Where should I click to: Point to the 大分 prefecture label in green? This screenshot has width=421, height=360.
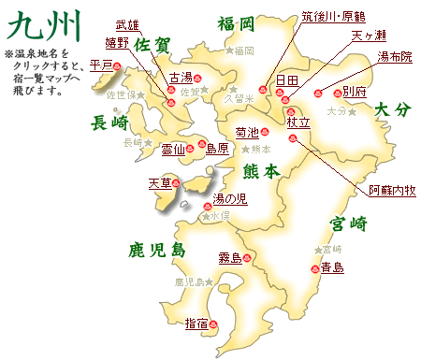pos(392,109)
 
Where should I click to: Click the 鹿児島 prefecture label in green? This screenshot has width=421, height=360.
pos(158,250)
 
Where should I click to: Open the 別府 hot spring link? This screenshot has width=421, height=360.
pos(354,92)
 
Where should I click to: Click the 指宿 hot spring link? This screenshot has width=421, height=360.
pos(196,324)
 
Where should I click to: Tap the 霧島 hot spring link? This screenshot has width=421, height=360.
pos(230,256)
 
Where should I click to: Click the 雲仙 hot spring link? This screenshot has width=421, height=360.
pos(174,148)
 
